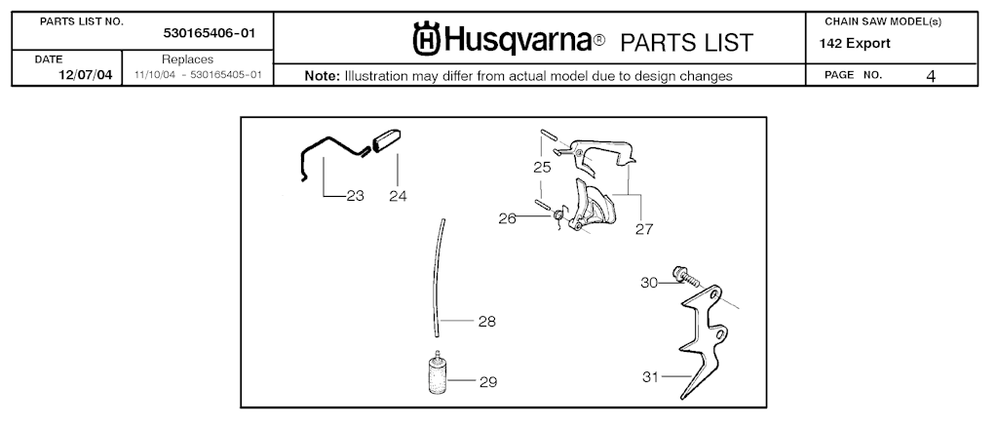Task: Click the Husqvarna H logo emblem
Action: click(x=427, y=39)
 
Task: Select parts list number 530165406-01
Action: click(x=210, y=33)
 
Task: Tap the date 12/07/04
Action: click(x=86, y=75)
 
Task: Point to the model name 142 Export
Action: click(x=855, y=44)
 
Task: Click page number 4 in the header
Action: click(x=931, y=76)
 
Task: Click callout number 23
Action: click(x=355, y=196)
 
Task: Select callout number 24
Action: click(x=398, y=196)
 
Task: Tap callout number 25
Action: click(x=542, y=168)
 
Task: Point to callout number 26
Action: click(x=507, y=219)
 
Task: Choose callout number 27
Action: click(x=644, y=229)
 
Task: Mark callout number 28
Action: click(x=487, y=322)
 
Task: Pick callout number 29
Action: click(x=488, y=382)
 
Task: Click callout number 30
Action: click(x=649, y=283)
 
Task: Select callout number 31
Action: click(x=650, y=376)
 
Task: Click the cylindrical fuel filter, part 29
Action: click(x=436, y=374)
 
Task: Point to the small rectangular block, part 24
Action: click(x=386, y=140)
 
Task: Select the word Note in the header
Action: click(x=322, y=76)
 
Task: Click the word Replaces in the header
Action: click(x=187, y=59)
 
